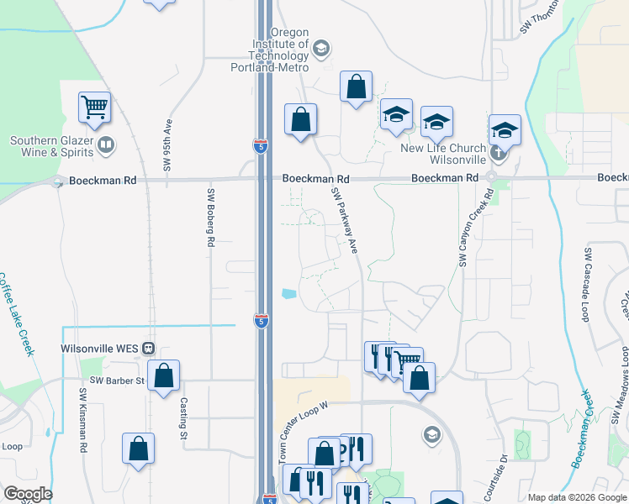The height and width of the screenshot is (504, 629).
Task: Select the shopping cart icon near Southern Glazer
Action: (x=94, y=108)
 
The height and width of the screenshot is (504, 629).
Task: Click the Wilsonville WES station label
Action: (x=100, y=349)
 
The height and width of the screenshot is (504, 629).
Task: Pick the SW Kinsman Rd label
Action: (x=83, y=419)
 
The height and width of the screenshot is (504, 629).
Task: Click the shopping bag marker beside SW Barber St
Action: (x=164, y=375)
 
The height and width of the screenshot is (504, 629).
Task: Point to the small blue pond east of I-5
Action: (x=288, y=294)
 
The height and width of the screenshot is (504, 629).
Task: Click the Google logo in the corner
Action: (x=28, y=494)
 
